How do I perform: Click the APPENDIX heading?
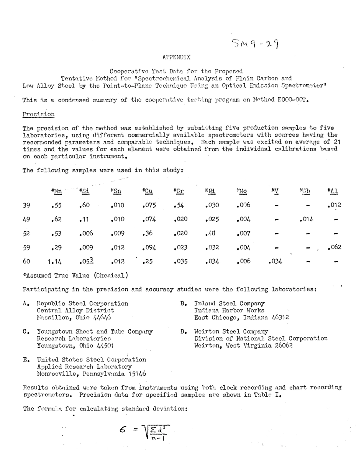(x=176, y=57)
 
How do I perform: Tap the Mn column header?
(x=56, y=191)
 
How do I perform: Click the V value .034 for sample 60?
(x=275, y=262)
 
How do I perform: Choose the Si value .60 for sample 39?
(x=84, y=205)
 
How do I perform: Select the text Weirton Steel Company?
(x=231, y=331)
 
